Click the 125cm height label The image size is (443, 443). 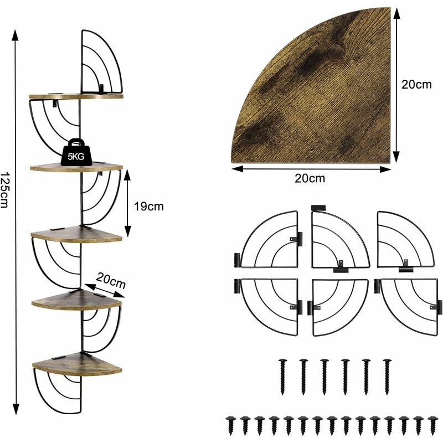click(4, 190)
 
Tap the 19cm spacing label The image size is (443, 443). click(148, 207)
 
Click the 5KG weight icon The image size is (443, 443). click(76, 152)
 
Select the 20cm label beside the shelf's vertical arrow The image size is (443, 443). click(416, 85)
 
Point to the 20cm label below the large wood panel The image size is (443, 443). click(310, 178)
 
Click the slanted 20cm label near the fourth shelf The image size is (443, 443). click(110, 280)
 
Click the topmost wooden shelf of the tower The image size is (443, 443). click(76, 96)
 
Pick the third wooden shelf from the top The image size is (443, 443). click(76, 234)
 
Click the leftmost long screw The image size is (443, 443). click(282, 377)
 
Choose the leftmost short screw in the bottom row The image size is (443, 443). click(230, 425)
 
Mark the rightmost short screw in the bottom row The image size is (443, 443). click(432, 425)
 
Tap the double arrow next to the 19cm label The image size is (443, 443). click(127, 203)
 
